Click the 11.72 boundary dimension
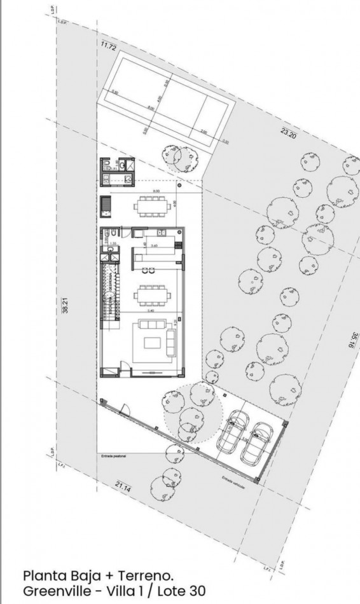coord(108,45)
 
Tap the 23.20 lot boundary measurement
coord(288,134)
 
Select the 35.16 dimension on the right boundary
coord(349,340)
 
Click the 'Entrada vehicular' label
coord(233,481)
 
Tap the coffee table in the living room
coord(153,343)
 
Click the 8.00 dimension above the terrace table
coord(155,191)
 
